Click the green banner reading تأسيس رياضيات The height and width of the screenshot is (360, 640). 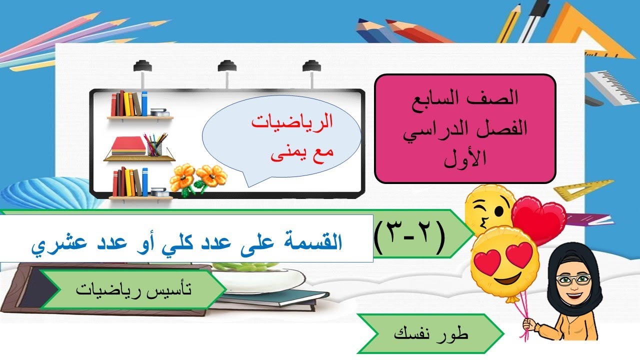tap(132, 289)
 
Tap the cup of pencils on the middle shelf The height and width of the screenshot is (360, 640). tap(155, 144)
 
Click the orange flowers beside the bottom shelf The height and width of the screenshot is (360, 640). tap(198, 177)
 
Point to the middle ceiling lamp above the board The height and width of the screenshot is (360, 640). tap(227, 67)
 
